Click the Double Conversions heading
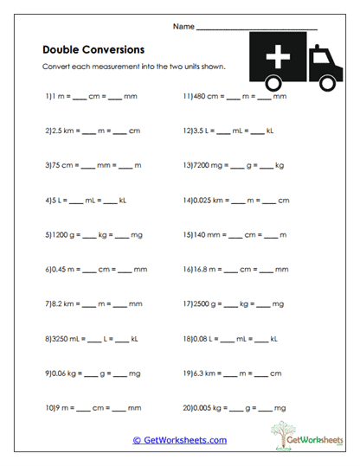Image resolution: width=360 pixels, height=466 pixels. point(93,49)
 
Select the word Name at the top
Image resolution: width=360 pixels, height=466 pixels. point(183,28)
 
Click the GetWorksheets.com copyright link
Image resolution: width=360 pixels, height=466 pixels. point(180,440)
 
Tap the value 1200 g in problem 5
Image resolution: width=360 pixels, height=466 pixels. point(64,234)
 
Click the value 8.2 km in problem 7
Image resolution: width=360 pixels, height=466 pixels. point(65,304)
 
